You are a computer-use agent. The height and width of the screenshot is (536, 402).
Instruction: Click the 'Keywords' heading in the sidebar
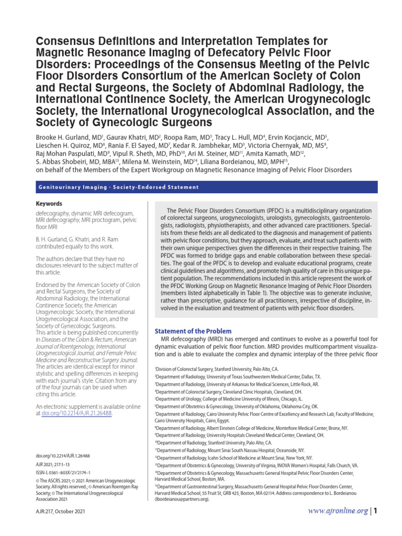coord(49,204)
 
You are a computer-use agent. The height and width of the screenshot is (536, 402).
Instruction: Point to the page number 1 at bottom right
coord(375,510)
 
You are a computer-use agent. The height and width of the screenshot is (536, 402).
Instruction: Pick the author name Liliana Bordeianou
coord(249,161)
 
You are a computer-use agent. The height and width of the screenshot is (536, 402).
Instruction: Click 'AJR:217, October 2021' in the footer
coord(60,511)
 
